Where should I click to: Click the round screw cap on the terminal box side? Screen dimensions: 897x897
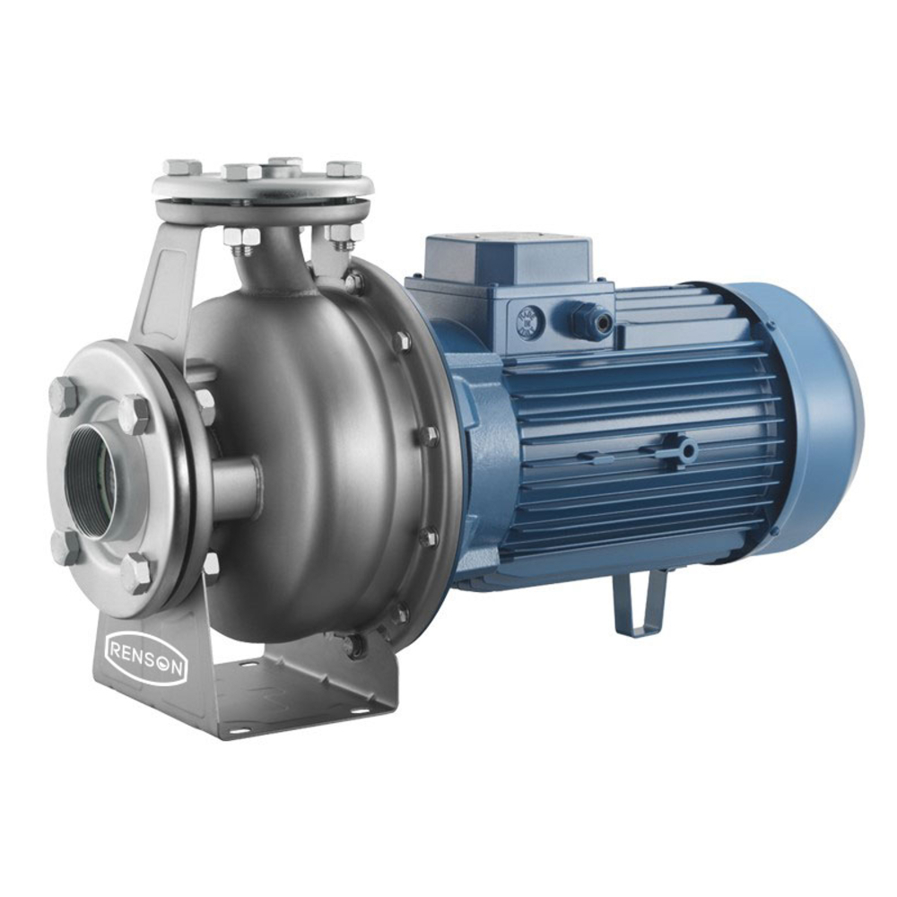point(529,320)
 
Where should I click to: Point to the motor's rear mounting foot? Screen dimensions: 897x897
point(639,602)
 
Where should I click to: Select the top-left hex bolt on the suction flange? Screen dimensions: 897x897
point(64,395)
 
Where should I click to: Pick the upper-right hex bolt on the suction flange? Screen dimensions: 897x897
point(135,414)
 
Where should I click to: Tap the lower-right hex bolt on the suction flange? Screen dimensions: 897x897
point(136,572)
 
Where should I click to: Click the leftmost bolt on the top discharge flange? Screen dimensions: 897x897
point(182,167)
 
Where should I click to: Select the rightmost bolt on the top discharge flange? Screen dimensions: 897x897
point(344,169)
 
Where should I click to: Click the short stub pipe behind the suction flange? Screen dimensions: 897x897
point(235,489)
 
